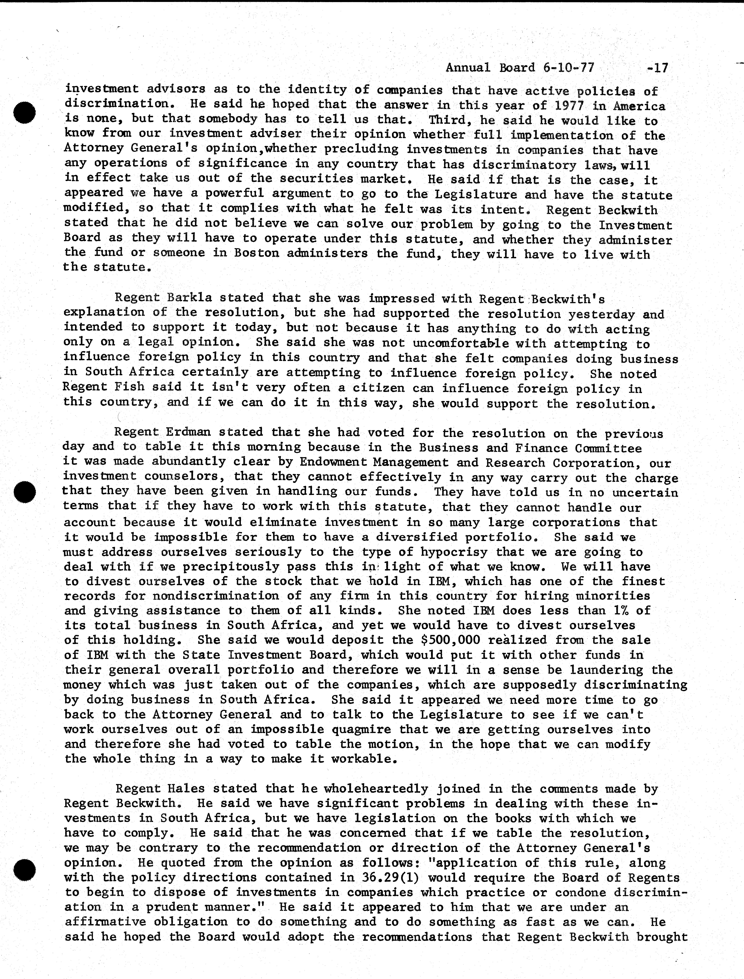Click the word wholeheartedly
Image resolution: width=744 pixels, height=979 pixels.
coord(376,789)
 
